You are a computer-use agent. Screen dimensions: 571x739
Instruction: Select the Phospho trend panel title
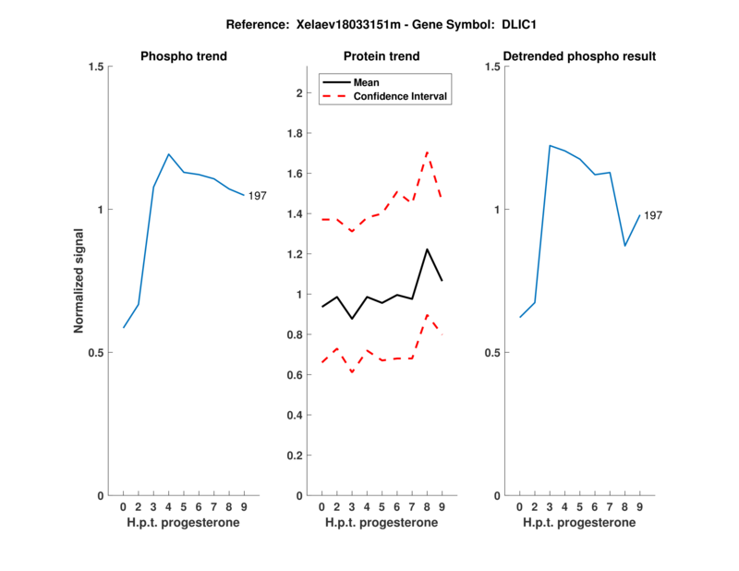pos(183,56)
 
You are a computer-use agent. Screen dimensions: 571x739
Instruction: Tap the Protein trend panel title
pos(382,56)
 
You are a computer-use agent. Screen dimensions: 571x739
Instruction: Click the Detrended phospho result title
pos(579,56)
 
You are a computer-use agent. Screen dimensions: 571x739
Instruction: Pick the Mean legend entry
pos(367,82)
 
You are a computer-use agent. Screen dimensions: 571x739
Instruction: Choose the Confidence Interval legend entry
pos(401,95)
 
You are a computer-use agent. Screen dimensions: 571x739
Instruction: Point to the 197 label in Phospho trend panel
pos(258,195)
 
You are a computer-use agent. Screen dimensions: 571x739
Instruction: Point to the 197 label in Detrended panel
pos(653,215)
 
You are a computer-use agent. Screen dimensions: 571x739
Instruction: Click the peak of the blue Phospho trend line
pos(169,154)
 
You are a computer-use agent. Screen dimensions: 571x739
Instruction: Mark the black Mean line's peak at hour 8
pos(427,249)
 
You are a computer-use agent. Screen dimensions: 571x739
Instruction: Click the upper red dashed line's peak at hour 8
pos(427,151)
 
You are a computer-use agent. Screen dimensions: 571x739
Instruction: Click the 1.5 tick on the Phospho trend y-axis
pos(92,67)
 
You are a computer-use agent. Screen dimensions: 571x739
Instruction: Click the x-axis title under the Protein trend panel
pos(382,523)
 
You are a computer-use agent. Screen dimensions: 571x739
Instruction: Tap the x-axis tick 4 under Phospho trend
pos(169,507)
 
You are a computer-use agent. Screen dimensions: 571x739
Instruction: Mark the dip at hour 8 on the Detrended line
pos(625,246)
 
